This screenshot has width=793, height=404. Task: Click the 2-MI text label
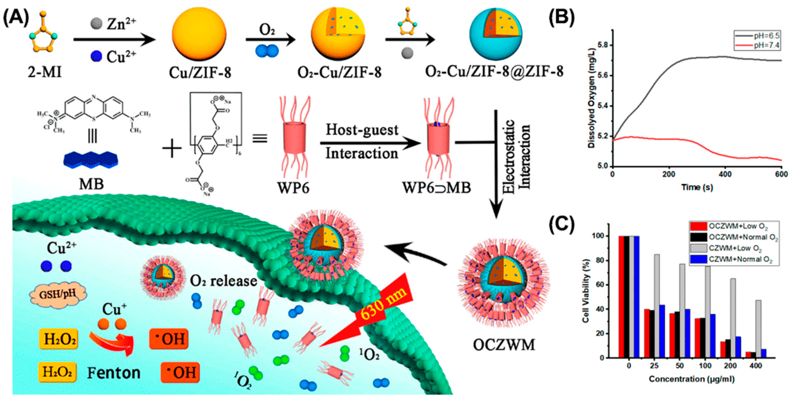point(45,73)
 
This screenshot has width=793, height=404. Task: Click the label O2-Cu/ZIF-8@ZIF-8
point(494,72)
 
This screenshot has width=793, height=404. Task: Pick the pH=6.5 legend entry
point(765,36)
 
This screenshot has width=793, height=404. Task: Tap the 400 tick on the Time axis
point(725,174)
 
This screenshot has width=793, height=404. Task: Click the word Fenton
point(114,373)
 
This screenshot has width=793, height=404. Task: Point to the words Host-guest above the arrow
point(362,130)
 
